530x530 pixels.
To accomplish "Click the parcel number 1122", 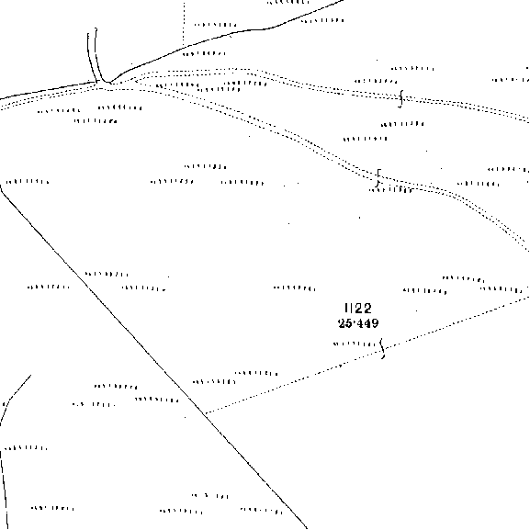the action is [358, 309].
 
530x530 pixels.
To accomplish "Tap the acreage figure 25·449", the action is [358, 323].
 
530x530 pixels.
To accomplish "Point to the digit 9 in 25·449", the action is [374, 323].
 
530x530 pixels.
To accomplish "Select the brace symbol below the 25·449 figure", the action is [382, 348].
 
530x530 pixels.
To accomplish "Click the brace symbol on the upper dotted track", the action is [400, 98].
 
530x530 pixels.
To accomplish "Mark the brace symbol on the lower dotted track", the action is [378, 178].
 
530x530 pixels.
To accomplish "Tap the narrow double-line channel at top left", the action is [93, 56].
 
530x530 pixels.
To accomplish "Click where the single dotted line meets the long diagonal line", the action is [205, 413].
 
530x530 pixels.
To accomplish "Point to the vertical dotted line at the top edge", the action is [184, 23].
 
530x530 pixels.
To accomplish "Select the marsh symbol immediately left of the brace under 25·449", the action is [355, 344].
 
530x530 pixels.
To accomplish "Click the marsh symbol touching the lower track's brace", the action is [391, 190].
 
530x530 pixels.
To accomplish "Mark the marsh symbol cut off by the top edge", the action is [288, 2].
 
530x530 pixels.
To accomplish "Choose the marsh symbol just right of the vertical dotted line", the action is [215, 25].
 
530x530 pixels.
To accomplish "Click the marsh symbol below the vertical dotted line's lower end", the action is [204, 53].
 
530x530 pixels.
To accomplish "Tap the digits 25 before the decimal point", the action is [345, 323].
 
